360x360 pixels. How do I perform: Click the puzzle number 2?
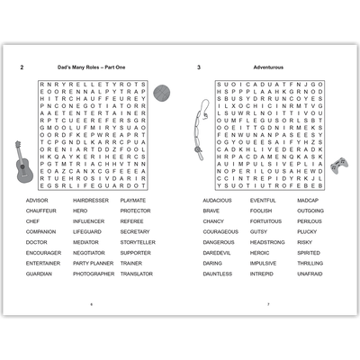click(x=22, y=68)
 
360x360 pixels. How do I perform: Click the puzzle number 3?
click(x=198, y=68)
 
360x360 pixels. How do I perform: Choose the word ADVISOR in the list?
click(x=38, y=200)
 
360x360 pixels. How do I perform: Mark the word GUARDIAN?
click(x=40, y=274)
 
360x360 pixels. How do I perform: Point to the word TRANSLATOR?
click(x=137, y=274)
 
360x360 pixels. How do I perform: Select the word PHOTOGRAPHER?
click(x=94, y=274)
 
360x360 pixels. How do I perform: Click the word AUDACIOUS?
click(x=218, y=200)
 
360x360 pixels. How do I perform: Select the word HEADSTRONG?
click(x=267, y=242)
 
